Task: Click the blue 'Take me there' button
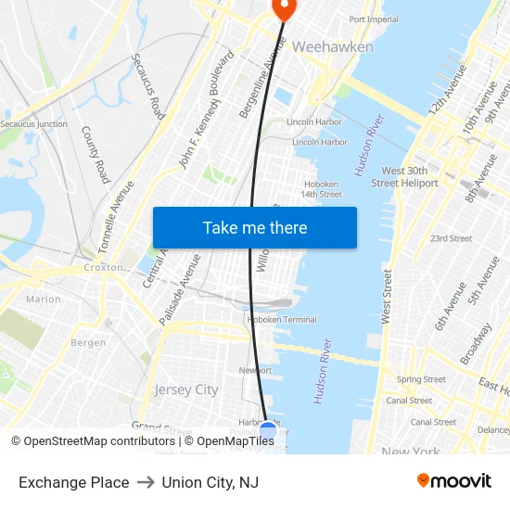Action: pyautogui.click(x=255, y=227)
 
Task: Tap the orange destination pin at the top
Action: pyautogui.click(x=282, y=8)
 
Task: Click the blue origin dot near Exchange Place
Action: pyautogui.click(x=268, y=431)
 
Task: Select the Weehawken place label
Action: pyautogui.click(x=333, y=46)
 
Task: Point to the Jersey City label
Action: pyautogui.click(x=186, y=389)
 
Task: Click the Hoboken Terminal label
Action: pyautogui.click(x=282, y=320)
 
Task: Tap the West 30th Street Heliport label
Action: pyautogui.click(x=398, y=176)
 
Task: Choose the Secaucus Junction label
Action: pyautogui.click(x=33, y=123)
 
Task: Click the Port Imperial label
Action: pyautogui.click(x=374, y=19)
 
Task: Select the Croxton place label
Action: pyautogui.click(x=103, y=267)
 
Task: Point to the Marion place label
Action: pyautogui.click(x=44, y=300)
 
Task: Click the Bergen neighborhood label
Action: pyautogui.click(x=88, y=343)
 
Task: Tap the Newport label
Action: pyautogui.click(x=255, y=370)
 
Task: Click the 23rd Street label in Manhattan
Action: pyautogui.click(x=451, y=238)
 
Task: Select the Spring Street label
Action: pyautogui.click(x=421, y=379)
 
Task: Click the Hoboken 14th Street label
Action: pyautogui.click(x=321, y=189)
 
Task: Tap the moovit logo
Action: pyautogui.click(x=453, y=481)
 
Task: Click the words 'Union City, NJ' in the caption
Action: pyautogui.click(x=210, y=482)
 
